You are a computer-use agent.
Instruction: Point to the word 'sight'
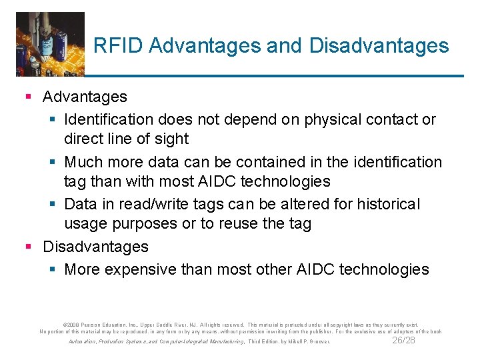(173, 139)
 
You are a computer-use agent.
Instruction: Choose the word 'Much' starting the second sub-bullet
(83, 162)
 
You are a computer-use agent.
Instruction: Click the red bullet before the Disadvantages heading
(28, 247)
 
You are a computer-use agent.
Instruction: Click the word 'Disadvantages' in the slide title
(379, 45)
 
